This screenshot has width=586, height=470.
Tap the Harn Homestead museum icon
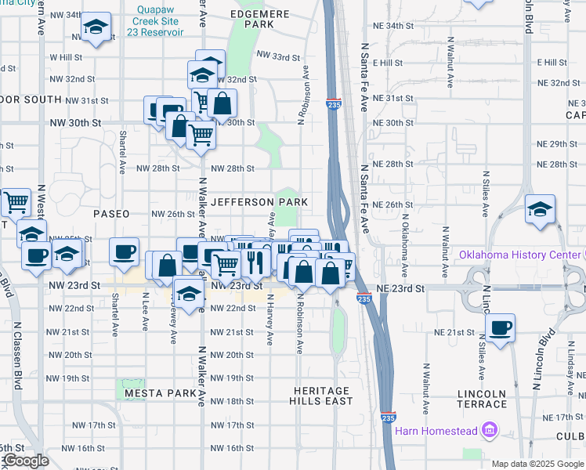(490, 430)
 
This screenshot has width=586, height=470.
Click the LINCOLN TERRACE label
(481, 399)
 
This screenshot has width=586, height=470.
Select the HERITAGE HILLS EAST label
(321, 396)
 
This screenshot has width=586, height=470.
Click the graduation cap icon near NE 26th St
(540, 209)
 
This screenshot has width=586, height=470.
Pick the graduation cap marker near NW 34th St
(96, 29)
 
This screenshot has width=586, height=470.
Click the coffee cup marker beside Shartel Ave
(124, 251)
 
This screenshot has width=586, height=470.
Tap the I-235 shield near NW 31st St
(334, 103)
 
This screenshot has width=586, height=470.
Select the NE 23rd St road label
(400, 288)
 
